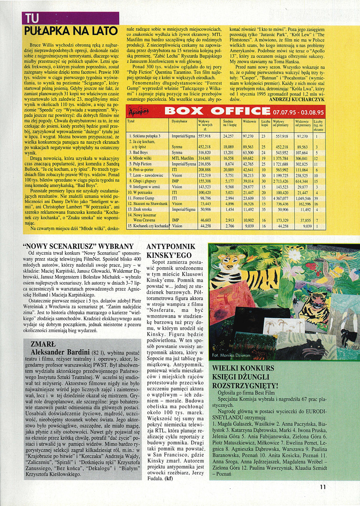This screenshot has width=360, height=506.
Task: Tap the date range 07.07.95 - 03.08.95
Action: point(298,112)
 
